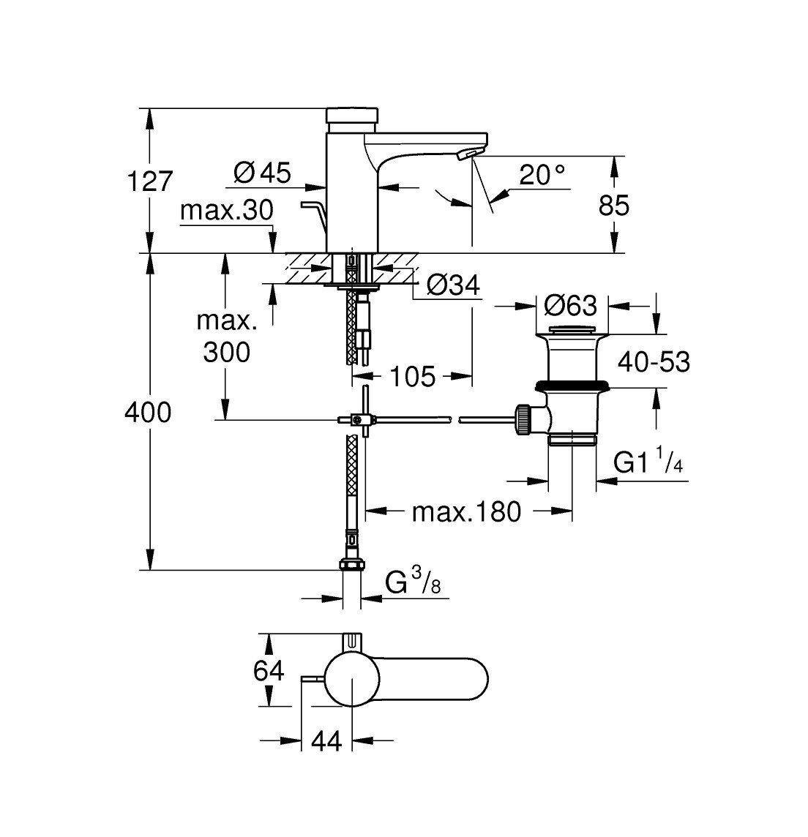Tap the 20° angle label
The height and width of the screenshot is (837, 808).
click(542, 174)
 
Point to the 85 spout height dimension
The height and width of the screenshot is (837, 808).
click(614, 206)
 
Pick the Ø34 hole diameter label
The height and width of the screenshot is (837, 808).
click(452, 286)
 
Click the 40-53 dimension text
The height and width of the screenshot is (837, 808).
click(654, 361)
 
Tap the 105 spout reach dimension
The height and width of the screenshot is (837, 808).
click(411, 378)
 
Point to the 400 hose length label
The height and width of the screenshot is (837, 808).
click(148, 413)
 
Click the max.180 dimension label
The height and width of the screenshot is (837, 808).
click(466, 511)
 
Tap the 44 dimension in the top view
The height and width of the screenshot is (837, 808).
click(326, 741)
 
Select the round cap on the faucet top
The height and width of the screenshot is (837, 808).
click(352, 115)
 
